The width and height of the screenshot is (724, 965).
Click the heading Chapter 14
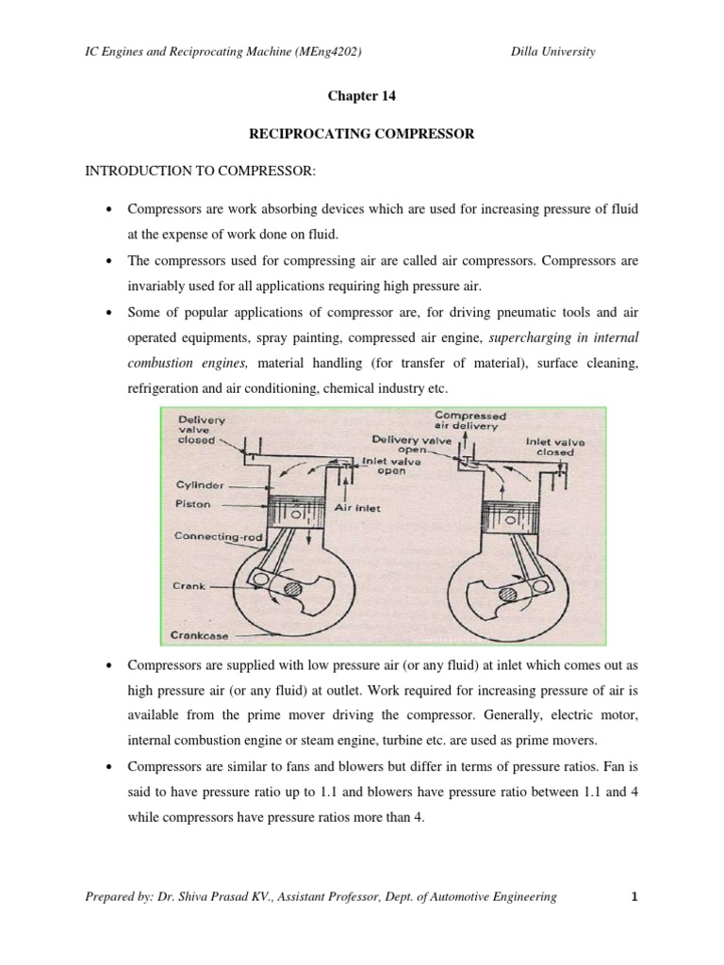pos(361,95)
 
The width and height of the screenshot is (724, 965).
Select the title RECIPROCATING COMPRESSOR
pos(361,135)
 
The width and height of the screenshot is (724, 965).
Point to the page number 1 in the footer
pos(635,897)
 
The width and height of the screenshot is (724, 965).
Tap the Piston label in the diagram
pos(193,504)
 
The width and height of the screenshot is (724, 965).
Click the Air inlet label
pos(356,506)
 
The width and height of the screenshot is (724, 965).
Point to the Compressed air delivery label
pos(469,420)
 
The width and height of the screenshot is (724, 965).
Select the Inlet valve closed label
pos(554,445)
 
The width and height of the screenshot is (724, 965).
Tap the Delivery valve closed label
pos(199,430)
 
